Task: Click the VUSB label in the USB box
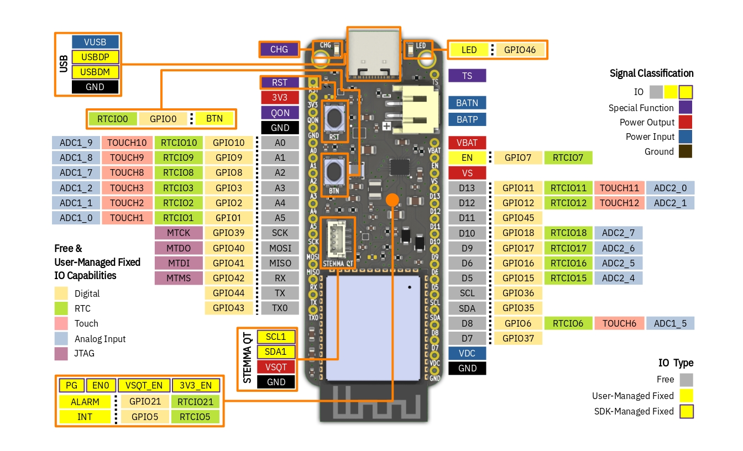[96, 42]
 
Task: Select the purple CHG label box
[279, 49]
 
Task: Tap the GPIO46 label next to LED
[520, 50]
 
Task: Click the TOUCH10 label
[127, 143]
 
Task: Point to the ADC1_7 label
[76, 172]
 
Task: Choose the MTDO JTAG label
[179, 248]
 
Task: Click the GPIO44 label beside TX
[228, 293]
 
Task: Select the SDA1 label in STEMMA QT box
[276, 352]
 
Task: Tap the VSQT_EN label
[144, 385]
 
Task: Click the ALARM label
[85, 402]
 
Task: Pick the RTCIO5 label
[195, 417]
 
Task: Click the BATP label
[467, 119]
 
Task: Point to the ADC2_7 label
[618, 233]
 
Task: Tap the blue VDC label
[467, 353]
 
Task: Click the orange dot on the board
[393, 199]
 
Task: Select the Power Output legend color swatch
[686, 122]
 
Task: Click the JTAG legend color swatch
[61, 353]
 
